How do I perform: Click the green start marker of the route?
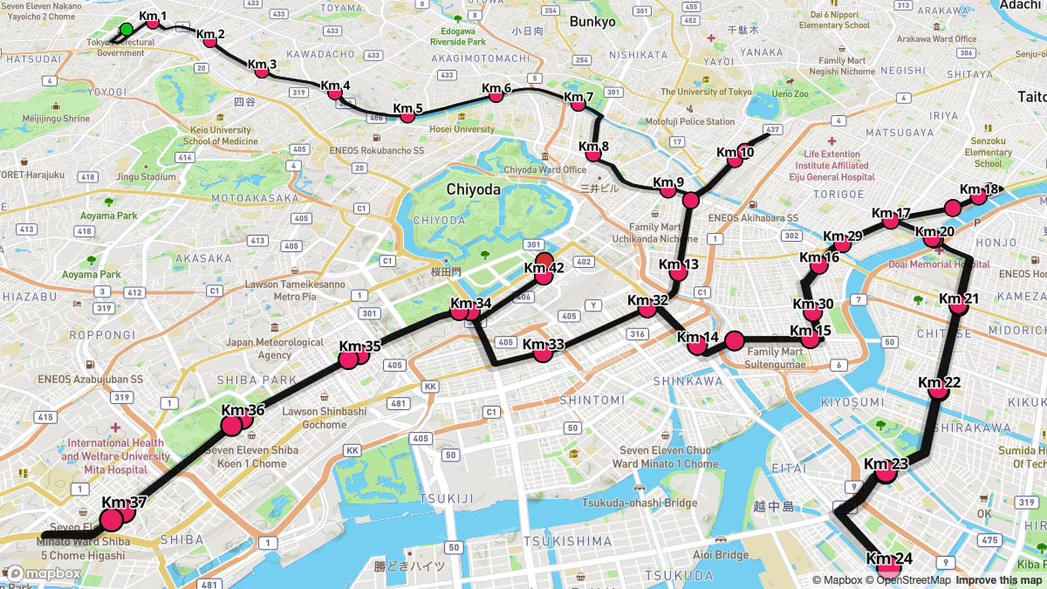click(x=126, y=30)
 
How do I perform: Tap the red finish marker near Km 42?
click(x=544, y=259)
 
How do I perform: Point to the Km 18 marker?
click(x=978, y=197)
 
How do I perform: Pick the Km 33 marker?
click(x=543, y=353)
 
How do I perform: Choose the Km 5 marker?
click(x=407, y=116)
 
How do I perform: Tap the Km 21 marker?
click(x=958, y=305)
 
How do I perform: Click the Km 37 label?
click(x=124, y=503)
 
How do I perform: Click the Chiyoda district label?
click(x=473, y=189)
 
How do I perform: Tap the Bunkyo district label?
click(x=592, y=22)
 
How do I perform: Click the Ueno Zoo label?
click(x=789, y=93)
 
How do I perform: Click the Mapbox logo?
click(x=44, y=573)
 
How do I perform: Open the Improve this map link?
click(x=998, y=580)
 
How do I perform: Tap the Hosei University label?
click(x=462, y=129)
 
